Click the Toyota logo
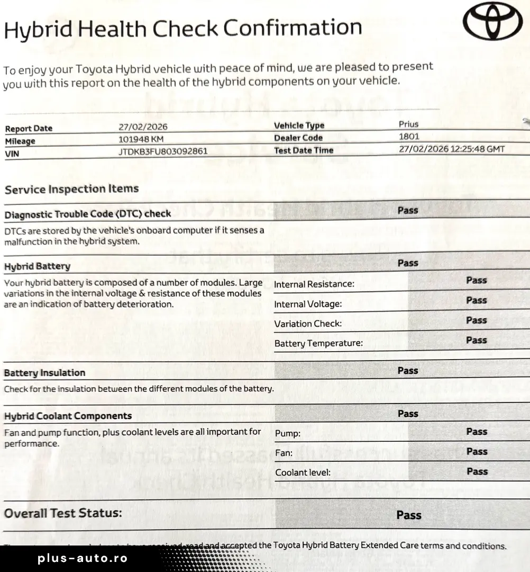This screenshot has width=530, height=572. pos(492,22)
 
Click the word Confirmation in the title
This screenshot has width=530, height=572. pos(293,28)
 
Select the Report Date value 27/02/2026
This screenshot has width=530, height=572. pos(143,127)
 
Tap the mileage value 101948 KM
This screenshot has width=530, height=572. pos(141,139)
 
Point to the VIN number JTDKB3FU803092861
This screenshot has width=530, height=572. pos(163,152)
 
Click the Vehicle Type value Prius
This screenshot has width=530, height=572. pos(408,124)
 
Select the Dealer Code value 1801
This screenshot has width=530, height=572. pos(409,137)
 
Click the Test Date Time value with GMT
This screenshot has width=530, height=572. pos(452,149)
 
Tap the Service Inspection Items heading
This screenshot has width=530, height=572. pos(71,189)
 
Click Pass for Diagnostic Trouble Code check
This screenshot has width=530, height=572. pos(408,210)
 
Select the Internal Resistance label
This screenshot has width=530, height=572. pos(314,284)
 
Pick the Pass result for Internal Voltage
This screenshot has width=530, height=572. pos(476,300)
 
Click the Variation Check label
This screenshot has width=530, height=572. pos(308,324)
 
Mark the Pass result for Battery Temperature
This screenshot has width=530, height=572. pos(476,340)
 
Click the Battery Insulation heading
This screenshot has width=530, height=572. pos(44,373)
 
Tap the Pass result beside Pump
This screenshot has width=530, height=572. pos(476,432)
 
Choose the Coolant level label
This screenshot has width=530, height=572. pos(303,472)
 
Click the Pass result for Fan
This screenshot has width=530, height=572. pos(476,451)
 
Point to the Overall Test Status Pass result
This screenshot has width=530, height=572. pos(409,515)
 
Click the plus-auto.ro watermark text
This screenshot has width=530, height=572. pos(83,559)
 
